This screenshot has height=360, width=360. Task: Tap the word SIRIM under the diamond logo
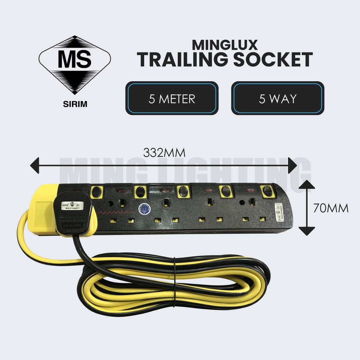(75, 104)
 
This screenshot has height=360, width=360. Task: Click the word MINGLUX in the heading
(225, 44)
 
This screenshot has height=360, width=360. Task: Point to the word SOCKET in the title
(273, 60)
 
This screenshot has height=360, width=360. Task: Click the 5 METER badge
(172, 98)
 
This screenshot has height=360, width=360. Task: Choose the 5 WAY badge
(278, 98)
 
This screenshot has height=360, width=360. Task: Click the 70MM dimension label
(331, 208)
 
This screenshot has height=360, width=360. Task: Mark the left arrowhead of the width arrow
(34, 166)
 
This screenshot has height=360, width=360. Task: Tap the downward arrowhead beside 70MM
(307, 231)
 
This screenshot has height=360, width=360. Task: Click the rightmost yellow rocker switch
(268, 191)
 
